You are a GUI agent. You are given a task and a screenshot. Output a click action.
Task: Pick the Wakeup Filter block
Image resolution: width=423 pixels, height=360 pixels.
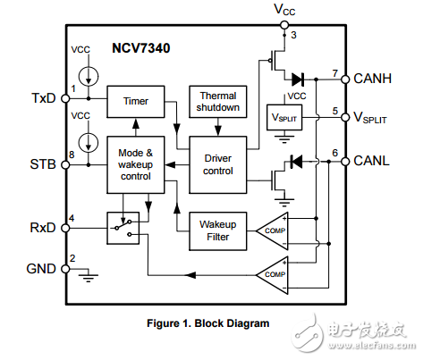[217, 230]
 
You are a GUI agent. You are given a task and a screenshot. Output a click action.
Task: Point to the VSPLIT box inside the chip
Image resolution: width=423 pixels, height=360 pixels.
[285, 118]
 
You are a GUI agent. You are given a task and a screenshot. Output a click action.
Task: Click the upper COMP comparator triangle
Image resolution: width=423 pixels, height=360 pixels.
[275, 230]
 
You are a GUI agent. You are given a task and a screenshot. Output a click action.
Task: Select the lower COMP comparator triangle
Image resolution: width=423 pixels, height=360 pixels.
[275, 273]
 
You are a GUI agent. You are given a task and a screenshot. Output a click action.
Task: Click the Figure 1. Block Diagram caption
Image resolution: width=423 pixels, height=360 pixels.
[207, 322]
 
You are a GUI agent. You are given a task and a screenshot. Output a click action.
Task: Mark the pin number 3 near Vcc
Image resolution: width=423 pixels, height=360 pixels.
[292, 34]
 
